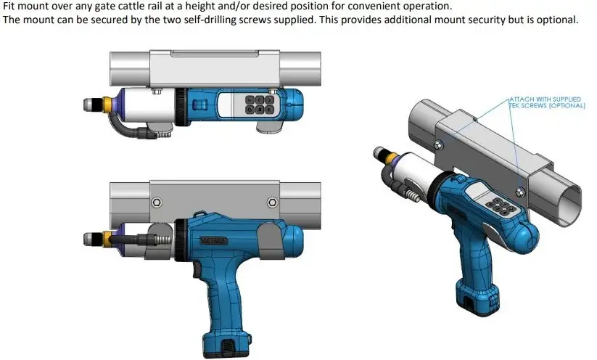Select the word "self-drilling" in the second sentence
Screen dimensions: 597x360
212,20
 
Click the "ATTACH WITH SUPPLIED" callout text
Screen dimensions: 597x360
545,99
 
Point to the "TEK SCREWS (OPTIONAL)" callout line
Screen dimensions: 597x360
547,105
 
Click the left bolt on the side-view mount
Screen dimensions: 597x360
157,202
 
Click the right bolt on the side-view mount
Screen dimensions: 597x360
272,202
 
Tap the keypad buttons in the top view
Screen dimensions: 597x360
259,105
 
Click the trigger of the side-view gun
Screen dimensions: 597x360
197,271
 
